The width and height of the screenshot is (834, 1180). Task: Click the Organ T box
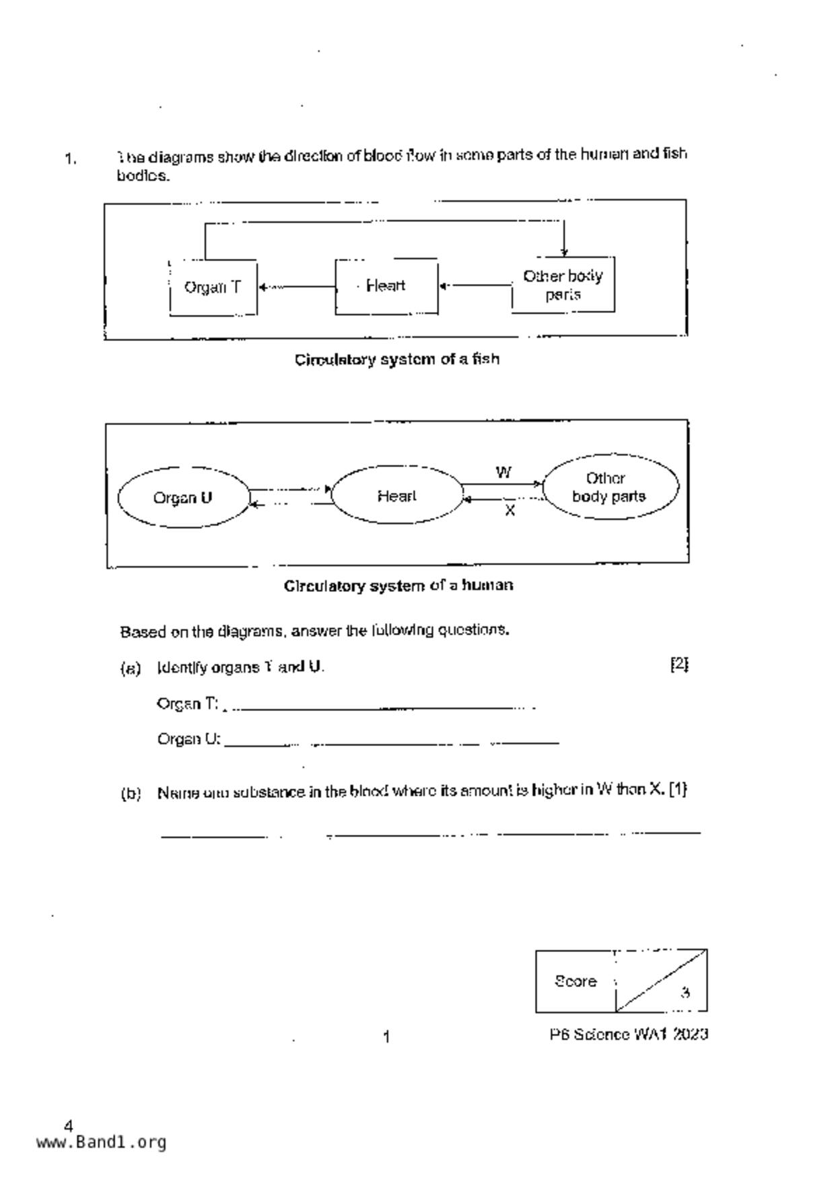(x=213, y=287)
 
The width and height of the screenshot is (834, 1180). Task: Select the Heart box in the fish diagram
(x=386, y=286)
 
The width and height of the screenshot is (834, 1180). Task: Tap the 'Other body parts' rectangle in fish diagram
(x=563, y=285)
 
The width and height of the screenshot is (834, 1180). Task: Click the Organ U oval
(x=183, y=498)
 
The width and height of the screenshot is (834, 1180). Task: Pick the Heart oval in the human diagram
(x=396, y=496)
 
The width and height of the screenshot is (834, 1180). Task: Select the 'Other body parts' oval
(x=609, y=487)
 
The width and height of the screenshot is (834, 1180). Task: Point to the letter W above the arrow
(x=503, y=472)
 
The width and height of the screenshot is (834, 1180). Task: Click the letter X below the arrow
(x=510, y=511)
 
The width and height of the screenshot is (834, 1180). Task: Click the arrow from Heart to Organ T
(x=296, y=287)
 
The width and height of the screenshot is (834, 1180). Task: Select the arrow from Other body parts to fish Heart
(x=475, y=285)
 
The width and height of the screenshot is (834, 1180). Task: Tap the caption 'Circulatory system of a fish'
(x=397, y=359)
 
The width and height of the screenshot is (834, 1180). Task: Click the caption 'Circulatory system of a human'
(x=398, y=585)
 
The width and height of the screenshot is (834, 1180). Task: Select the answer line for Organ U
(x=390, y=743)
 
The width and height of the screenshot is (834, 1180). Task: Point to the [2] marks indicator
(x=679, y=664)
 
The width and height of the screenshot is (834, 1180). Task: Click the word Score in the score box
(x=576, y=981)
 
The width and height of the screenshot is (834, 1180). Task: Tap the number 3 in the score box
(x=685, y=992)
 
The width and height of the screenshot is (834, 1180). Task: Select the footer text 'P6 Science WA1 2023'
(x=628, y=1035)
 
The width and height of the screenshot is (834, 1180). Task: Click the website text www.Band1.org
(x=101, y=1142)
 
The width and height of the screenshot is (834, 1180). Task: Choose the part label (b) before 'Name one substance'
(x=131, y=793)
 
